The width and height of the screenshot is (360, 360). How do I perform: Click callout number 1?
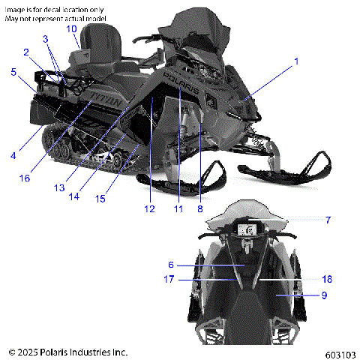click(295, 61)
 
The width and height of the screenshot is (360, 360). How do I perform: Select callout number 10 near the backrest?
click(71, 28)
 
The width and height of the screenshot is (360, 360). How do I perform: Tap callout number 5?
click(13, 72)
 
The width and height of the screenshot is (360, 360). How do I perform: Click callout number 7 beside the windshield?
click(327, 220)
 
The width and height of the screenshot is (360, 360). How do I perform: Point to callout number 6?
click(171, 264)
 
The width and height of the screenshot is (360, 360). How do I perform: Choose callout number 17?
click(169, 279)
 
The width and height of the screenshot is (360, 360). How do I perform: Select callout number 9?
click(325, 295)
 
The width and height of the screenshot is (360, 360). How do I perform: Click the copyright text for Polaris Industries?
click(67, 351)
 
